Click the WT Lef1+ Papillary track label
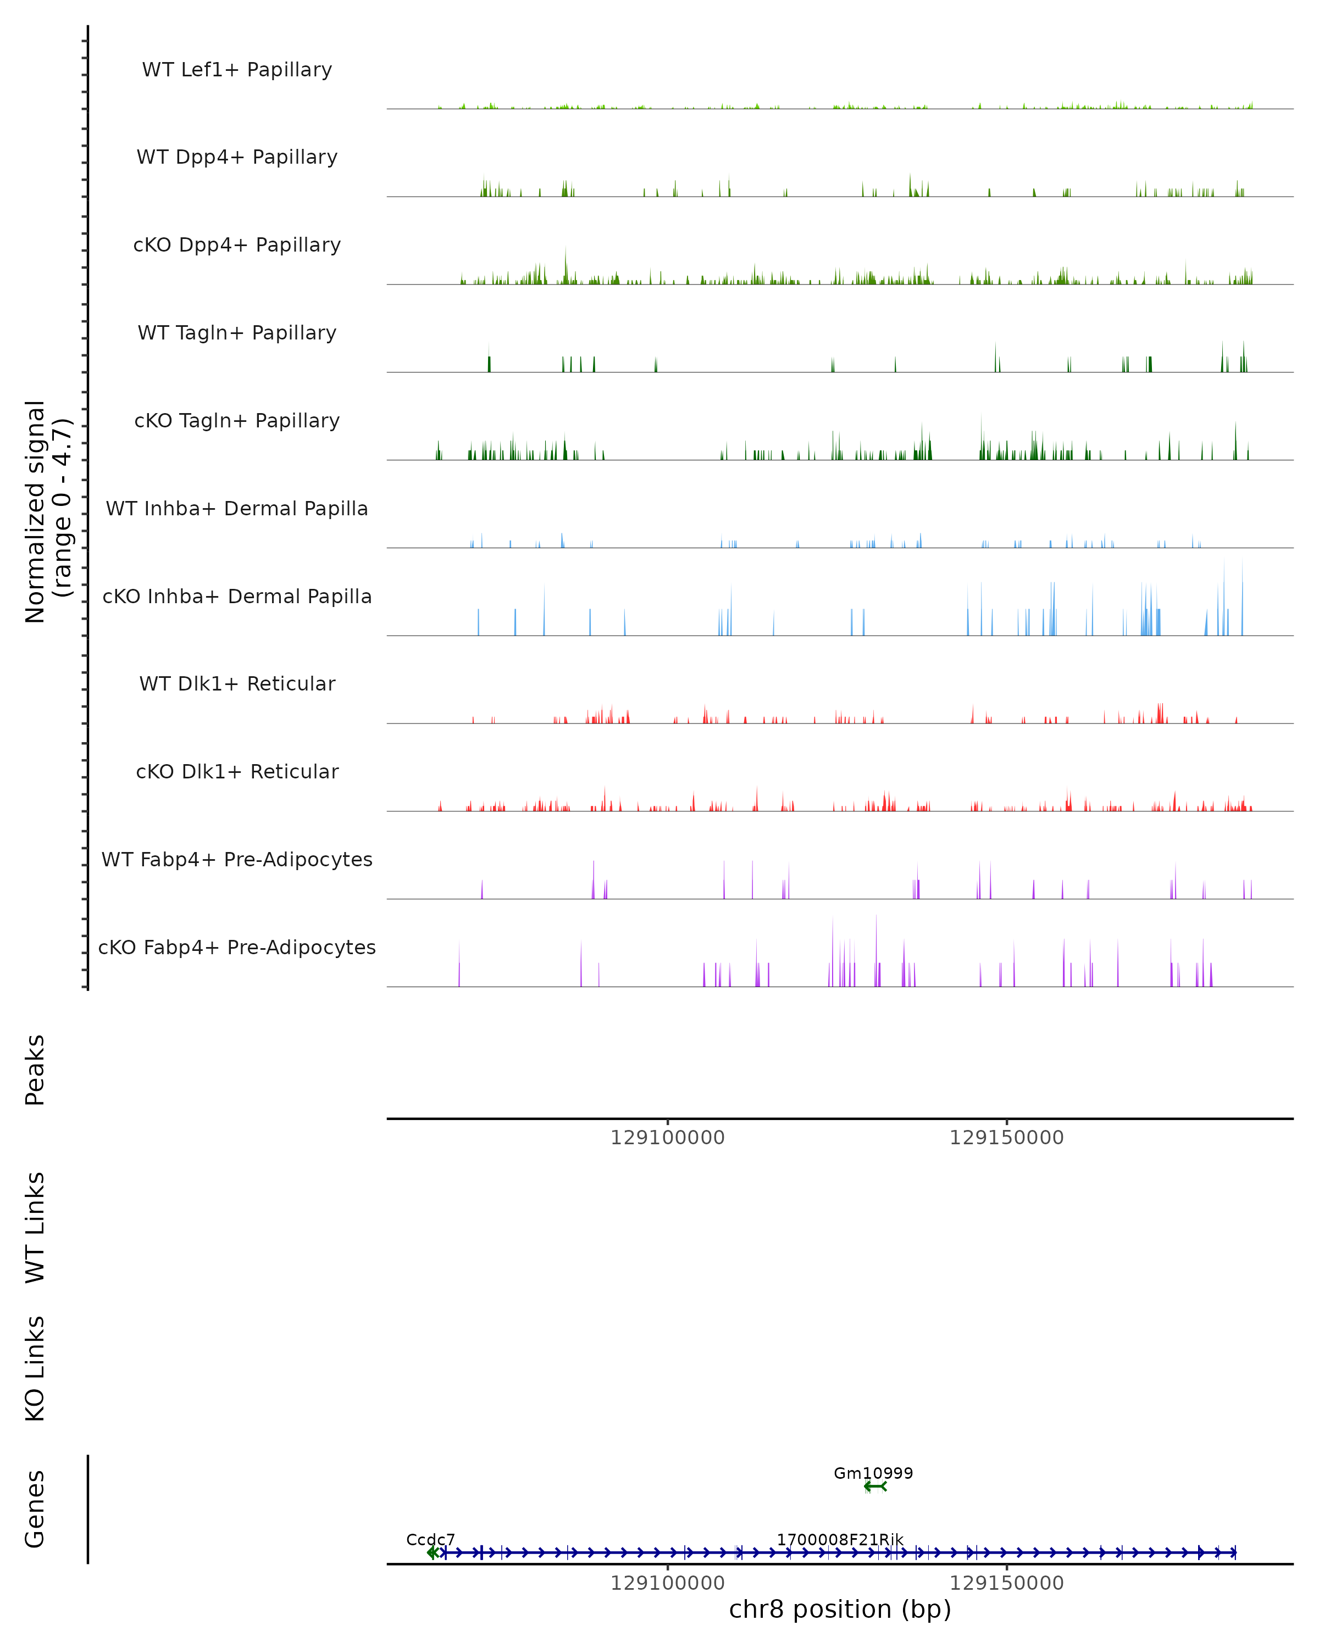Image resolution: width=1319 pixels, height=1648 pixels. pos(237,70)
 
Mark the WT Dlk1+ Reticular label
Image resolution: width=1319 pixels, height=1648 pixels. pos(237,683)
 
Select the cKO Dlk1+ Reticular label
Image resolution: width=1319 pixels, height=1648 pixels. pos(237,771)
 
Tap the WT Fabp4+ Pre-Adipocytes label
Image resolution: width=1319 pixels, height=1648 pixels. pos(237,859)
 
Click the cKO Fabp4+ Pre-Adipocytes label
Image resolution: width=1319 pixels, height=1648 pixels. pos(237,947)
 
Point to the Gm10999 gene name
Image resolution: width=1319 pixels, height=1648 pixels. pos(873,1473)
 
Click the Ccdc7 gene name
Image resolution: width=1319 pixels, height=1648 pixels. pos(430,1539)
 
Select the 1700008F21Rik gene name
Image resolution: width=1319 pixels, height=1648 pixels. pos(840,1539)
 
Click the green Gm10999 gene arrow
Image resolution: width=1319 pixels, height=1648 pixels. pos(875,1486)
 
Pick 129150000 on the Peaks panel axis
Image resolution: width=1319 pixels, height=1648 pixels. pos(1006,1138)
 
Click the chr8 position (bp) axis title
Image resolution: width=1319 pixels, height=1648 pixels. pos(840,1610)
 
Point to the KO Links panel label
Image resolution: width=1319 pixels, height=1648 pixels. pos(35,1369)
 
